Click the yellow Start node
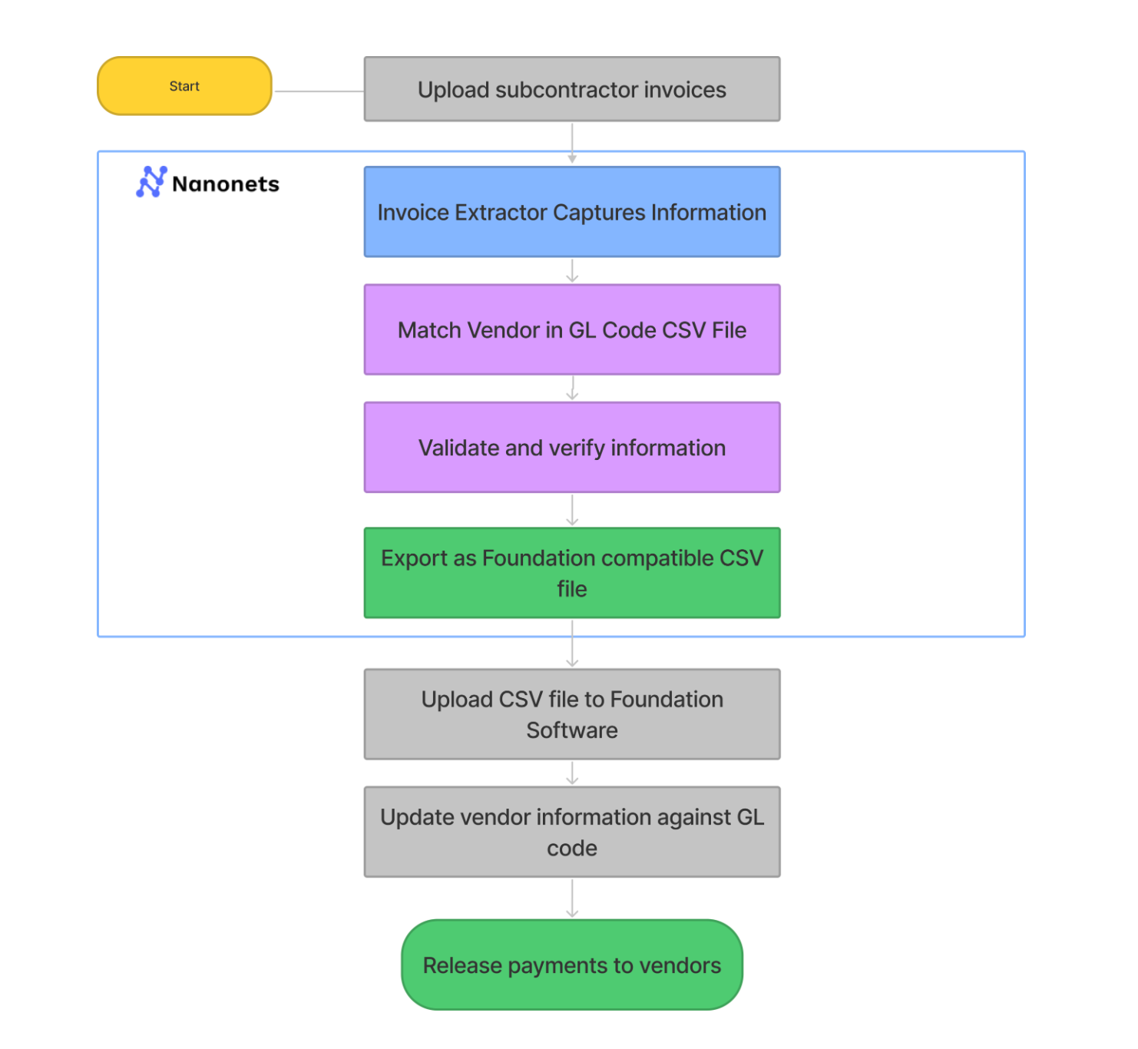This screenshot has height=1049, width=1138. click(x=184, y=86)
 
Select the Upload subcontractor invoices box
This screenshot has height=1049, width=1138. click(x=572, y=89)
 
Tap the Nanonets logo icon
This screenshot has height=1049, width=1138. click(x=151, y=182)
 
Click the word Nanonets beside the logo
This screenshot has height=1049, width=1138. click(x=226, y=184)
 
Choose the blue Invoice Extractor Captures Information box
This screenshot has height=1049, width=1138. click(x=572, y=212)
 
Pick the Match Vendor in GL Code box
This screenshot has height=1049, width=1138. click(x=572, y=329)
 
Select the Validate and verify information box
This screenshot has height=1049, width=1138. click(x=572, y=447)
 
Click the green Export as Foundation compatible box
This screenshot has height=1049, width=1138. click(x=572, y=573)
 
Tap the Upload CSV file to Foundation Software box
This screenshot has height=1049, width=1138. click(x=572, y=714)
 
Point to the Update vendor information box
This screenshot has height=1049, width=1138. click(x=572, y=832)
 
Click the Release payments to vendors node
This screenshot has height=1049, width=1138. click(x=572, y=965)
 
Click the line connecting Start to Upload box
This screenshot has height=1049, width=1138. click(x=319, y=91)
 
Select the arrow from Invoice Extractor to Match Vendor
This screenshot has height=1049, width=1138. click(x=572, y=270)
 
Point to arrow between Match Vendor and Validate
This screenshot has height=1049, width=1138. click(x=572, y=388)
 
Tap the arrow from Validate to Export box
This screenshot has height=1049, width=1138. click(x=572, y=509)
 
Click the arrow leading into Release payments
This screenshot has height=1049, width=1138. click(x=572, y=898)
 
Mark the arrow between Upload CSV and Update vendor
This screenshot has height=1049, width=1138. click(x=572, y=773)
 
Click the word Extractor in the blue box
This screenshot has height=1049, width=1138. click(x=500, y=212)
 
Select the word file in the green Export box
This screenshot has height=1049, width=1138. click(x=572, y=589)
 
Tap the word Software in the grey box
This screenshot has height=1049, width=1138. click(x=572, y=730)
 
